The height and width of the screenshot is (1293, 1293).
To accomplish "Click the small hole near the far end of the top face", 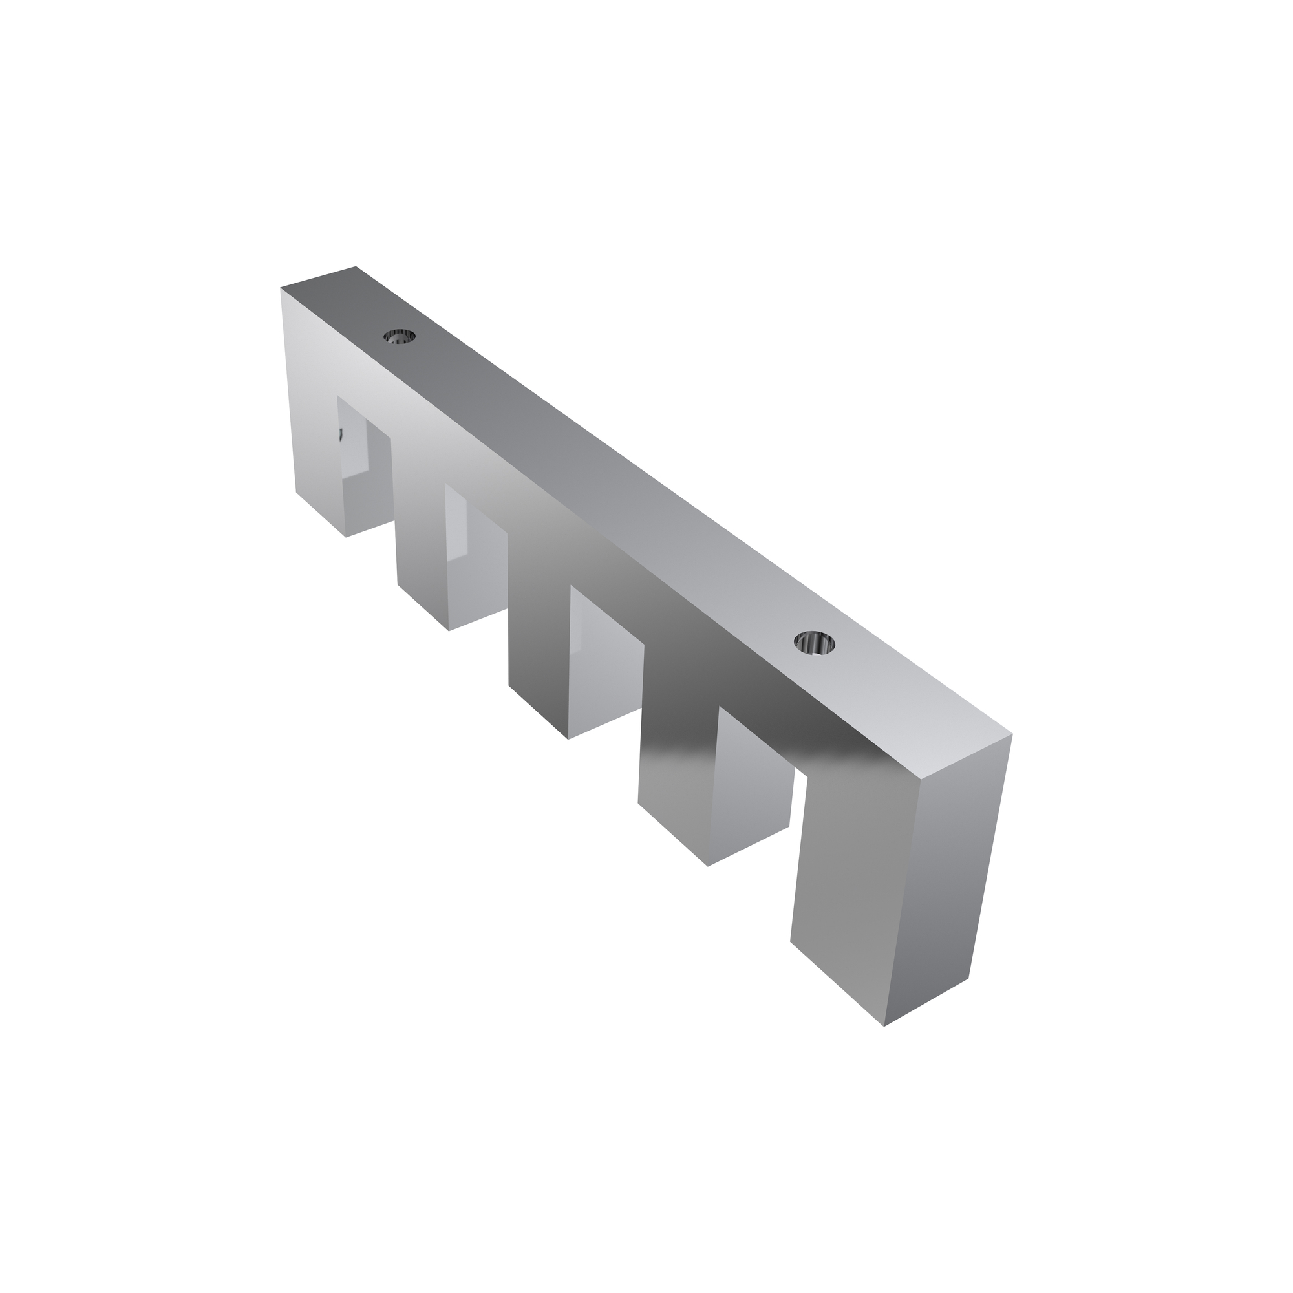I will coord(400,336).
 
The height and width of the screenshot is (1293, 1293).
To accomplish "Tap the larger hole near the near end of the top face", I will coord(815,644).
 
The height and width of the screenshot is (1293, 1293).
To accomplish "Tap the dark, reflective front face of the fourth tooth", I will coord(676,749).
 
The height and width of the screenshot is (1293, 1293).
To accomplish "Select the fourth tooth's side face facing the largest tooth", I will coord(749,790).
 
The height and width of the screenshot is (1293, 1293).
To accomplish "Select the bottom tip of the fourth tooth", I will coord(708,867).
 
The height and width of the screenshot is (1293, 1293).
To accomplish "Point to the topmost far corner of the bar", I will coord(356,266).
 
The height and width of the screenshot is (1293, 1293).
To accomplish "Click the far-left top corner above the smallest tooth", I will coord(281,288).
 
